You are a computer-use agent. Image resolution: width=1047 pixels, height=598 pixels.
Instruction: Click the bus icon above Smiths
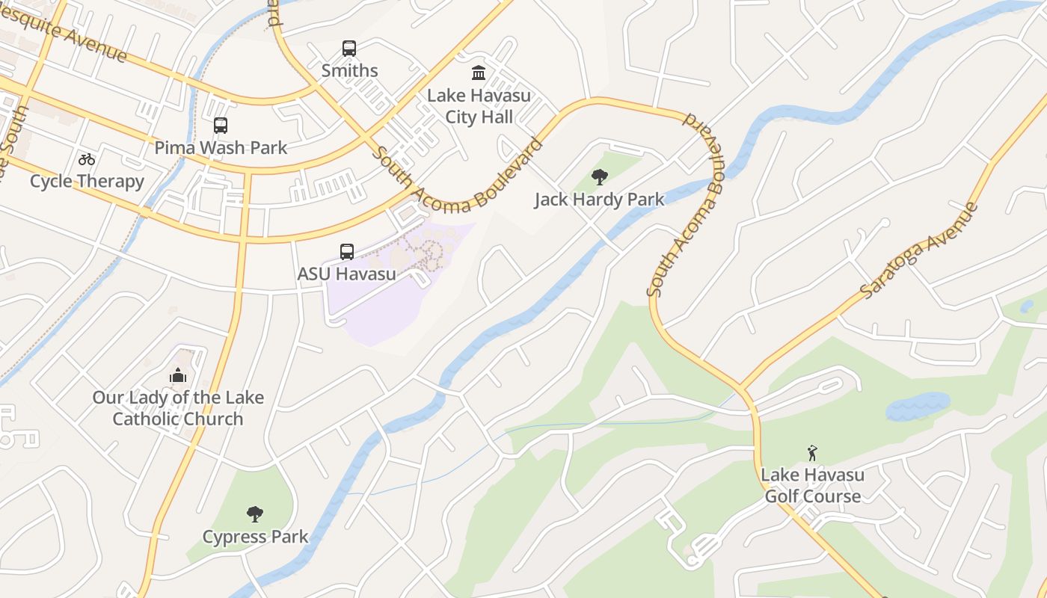[349, 49]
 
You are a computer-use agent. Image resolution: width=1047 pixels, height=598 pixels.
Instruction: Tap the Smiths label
[349, 71]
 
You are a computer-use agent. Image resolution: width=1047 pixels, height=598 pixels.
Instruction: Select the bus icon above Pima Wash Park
[220, 126]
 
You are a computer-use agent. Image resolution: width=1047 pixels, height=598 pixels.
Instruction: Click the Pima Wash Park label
[221, 148]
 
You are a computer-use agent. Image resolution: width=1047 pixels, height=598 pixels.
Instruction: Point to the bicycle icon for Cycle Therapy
[87, 159]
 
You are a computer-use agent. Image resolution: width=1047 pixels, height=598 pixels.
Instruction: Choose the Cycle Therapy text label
[87, 182]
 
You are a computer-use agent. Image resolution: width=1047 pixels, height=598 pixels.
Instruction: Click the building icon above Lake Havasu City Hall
[479, 73]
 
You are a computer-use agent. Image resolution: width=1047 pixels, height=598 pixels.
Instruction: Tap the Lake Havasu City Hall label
[479, 106]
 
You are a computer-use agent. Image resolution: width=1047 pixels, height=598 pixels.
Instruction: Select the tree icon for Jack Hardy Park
[599, 177]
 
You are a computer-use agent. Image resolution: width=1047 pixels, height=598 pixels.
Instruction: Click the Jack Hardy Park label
[599, 200]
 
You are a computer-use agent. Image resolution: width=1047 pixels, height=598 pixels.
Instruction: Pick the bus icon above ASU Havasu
[347, 252]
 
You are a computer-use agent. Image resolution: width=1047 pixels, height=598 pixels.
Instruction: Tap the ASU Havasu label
[347, 274]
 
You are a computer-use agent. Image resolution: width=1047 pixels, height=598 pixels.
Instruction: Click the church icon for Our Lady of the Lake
[178, 375]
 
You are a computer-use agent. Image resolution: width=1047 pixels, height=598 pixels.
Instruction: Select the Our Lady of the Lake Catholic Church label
[178, 408]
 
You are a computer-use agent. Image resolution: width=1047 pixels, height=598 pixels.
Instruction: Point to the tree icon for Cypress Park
[255, 514]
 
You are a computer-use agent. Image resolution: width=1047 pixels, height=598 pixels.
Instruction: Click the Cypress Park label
[255, 537]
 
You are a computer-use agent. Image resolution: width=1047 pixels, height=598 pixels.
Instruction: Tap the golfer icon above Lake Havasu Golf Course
[812, 453]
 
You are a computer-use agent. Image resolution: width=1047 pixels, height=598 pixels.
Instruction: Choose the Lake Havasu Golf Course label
[812, 486]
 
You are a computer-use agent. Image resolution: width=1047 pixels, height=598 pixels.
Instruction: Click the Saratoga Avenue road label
[920, 250]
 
